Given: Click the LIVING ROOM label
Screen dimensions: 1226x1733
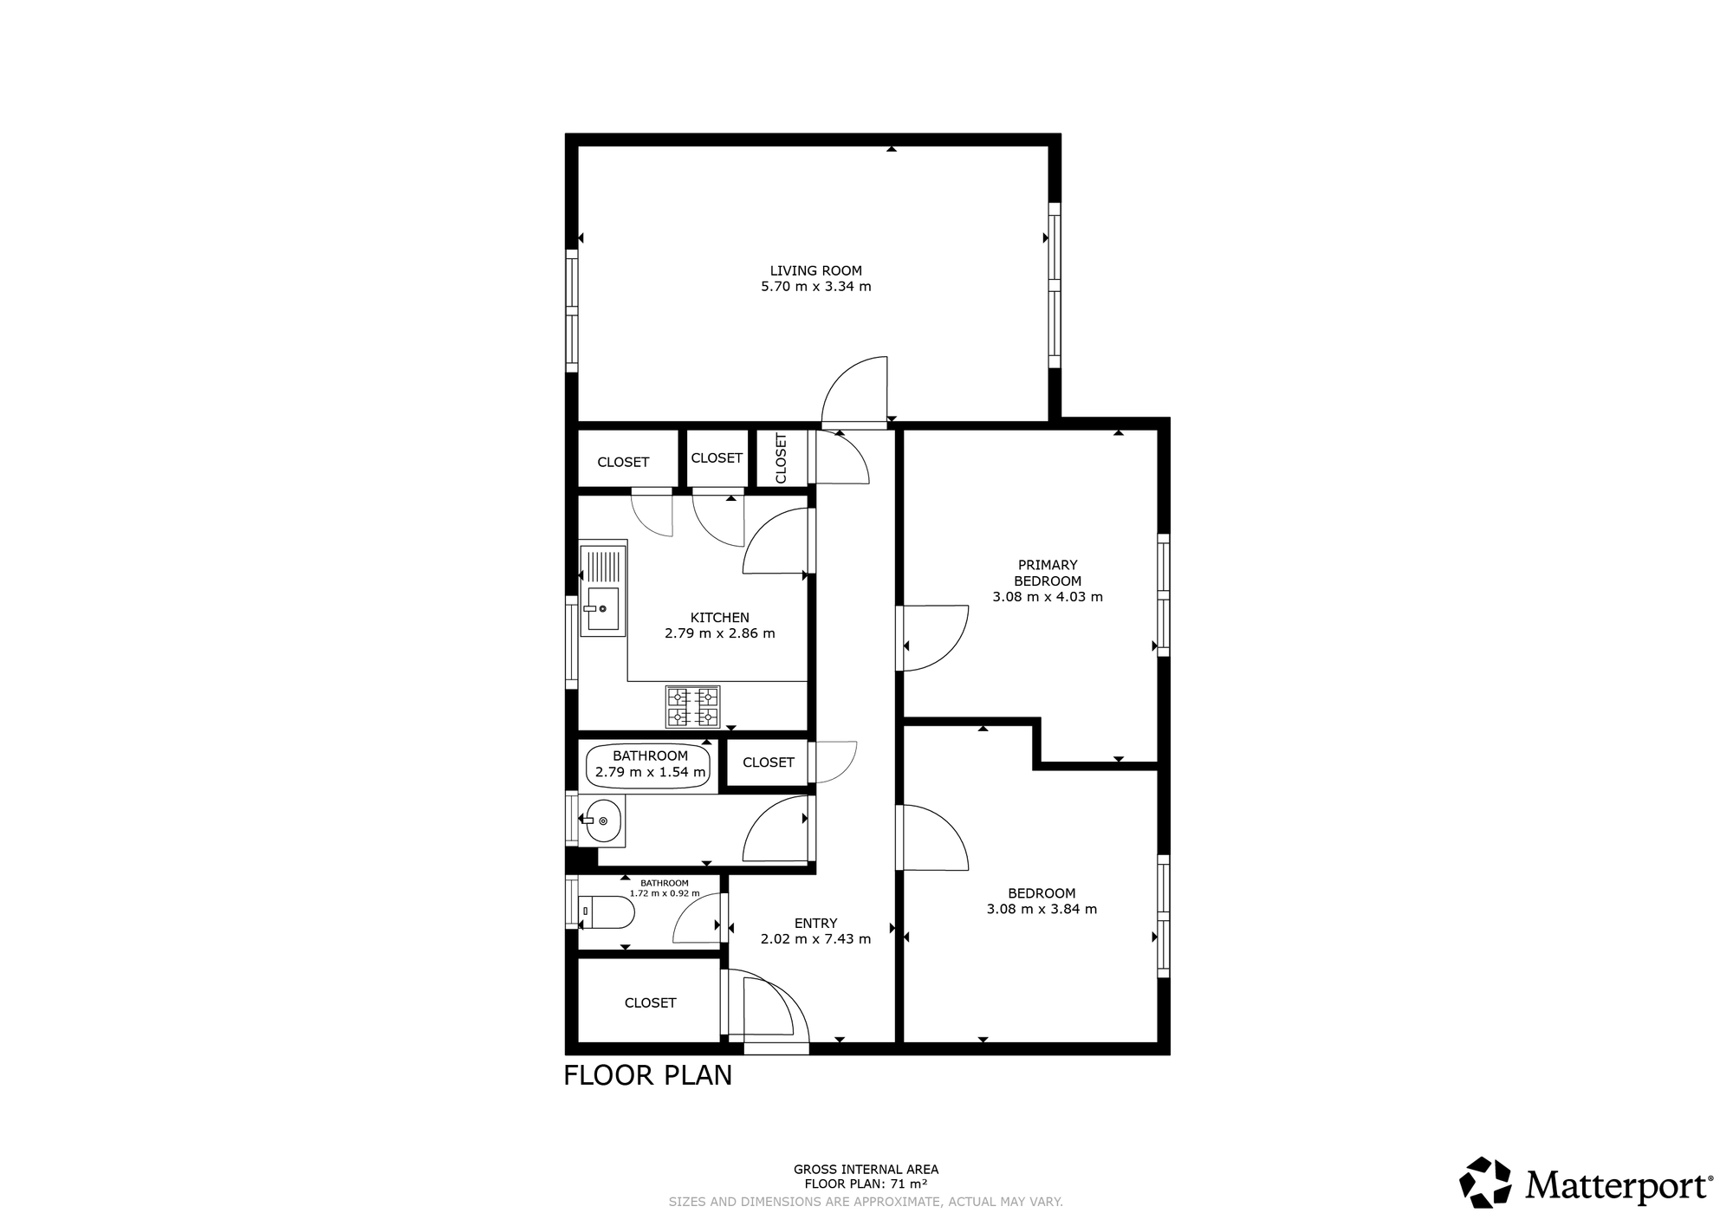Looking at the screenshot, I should click(x=815, y=270).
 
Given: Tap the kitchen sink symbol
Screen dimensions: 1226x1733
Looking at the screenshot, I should click(x=603, y=607).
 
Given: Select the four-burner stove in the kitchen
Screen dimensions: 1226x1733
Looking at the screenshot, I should click(x=692, y=706).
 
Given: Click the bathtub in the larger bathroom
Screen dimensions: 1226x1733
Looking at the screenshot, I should click(x=650, y=765).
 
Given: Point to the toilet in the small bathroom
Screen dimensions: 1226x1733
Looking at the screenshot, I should click(x=607, y=912).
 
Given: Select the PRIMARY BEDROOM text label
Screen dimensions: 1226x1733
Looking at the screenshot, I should click(x=1048, y=573).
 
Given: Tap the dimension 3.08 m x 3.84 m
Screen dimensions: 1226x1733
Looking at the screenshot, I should click(x=1042, y=909).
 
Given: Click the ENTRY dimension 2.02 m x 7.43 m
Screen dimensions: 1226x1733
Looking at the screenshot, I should click(x=815, y=938).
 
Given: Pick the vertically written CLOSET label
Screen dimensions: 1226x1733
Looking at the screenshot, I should click(x=781, y=457).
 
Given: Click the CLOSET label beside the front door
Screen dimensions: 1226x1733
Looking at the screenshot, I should click(x=650, y=1002).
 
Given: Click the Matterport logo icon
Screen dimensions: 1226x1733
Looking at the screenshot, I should click(x=1486, y=1182).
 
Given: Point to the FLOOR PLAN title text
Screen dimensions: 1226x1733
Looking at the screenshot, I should click(x=647, y=1075).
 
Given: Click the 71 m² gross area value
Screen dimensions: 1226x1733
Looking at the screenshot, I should click(x=909, y=1184).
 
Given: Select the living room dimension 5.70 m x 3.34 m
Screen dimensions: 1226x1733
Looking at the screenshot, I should click(x=815, y=287).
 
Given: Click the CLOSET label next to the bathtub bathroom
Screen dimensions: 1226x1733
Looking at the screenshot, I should click(x=768, y=762).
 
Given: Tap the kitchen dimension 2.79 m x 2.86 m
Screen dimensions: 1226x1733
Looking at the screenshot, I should click(x=719, y=633).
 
